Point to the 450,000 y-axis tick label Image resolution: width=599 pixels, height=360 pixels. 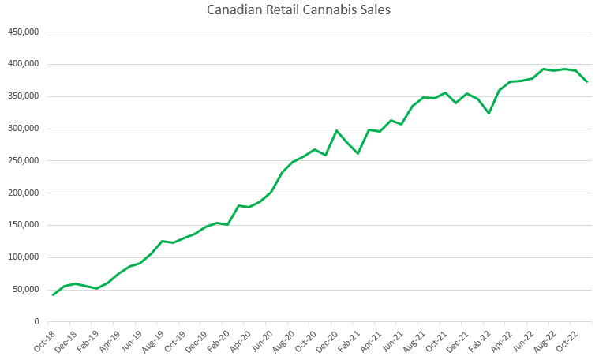pos(23,32)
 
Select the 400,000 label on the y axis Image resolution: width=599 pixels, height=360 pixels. pos(23,64)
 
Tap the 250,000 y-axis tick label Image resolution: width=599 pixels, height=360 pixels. pos(23,161)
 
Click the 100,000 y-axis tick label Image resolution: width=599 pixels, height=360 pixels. pos(23,257)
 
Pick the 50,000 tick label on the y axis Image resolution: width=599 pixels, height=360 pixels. pos(25,290)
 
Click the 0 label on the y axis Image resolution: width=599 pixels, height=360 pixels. pos(36,322)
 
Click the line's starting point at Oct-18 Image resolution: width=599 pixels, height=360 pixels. pos(53,294)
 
